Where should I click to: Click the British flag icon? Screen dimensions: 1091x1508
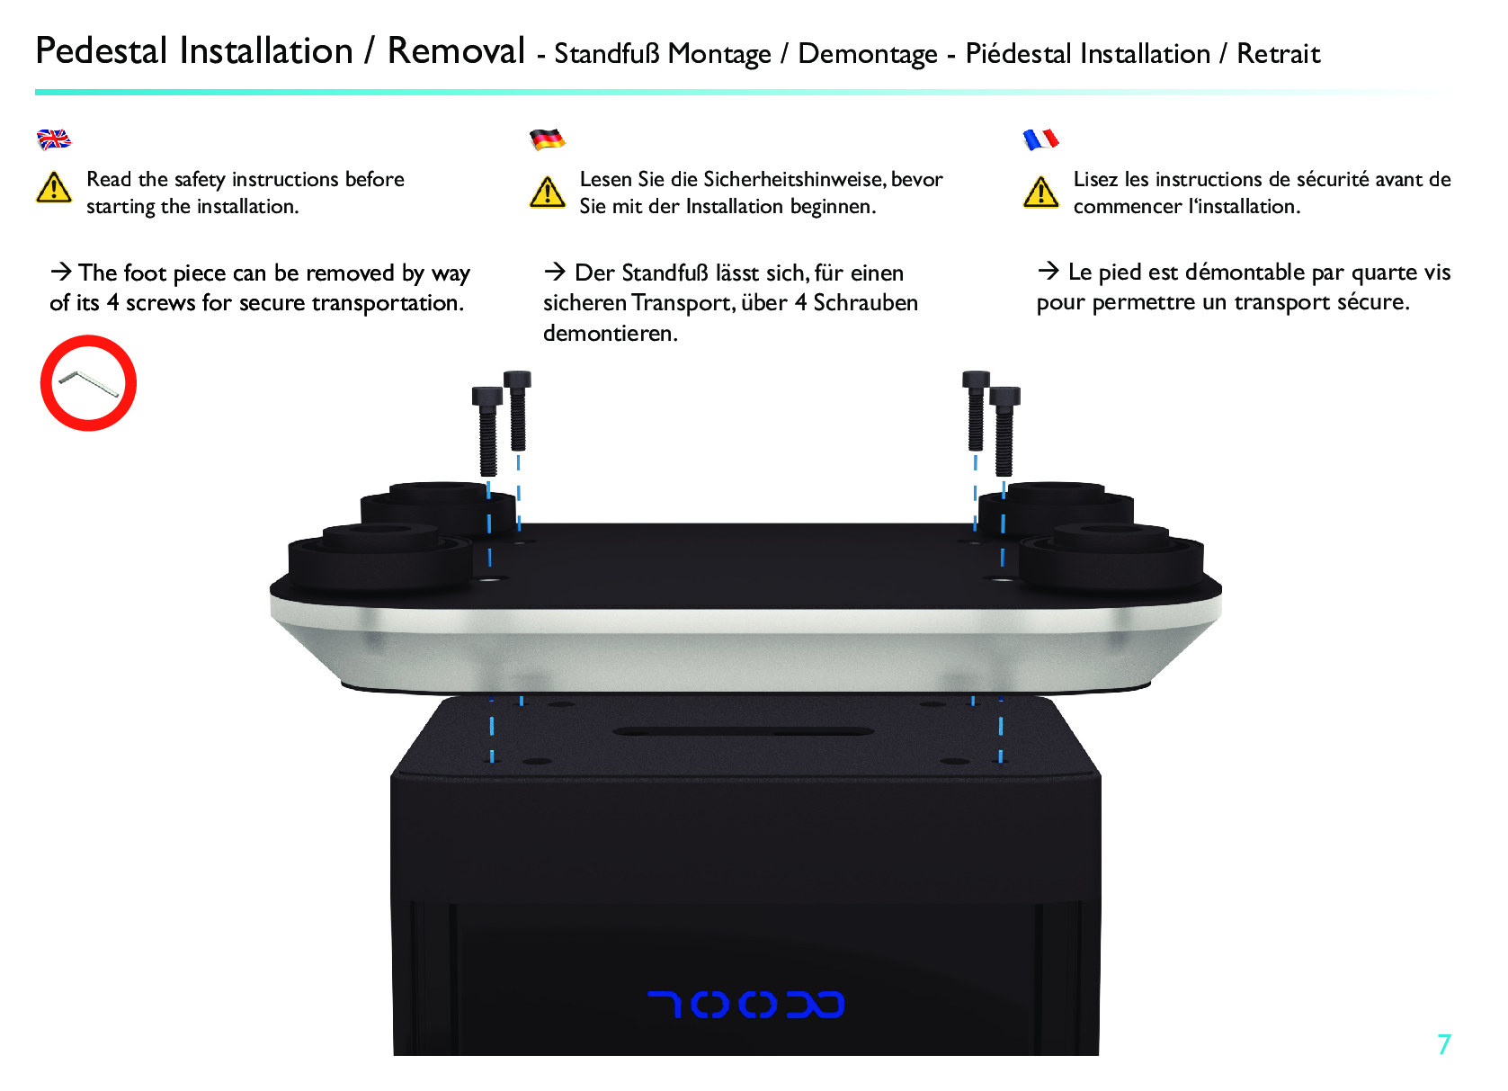pyautogui.click(x=54, y=139)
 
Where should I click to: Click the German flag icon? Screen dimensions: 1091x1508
pyautogui.click(x=547, y=139)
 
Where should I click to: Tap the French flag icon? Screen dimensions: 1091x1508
pyautogui.click(x=1040, y=139)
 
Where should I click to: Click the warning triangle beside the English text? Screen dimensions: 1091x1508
pyautogui.click(x=54, y=188)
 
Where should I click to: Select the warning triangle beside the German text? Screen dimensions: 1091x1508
pyautogui.click(x=547, y=192)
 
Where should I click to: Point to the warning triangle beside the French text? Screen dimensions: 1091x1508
pyautogui.click(x=1040, y=192)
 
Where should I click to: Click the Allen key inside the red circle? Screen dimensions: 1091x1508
pyautogui.click(x=88, y=384)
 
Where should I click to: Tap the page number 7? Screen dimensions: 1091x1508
pyautogui.click(x=1444, y=1044)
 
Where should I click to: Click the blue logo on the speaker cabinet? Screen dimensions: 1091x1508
pyautogui.click(x=745, y=1005)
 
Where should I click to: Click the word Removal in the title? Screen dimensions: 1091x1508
pyautogui.click(x=456, y=51)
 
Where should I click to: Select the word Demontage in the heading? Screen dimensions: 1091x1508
pyautogui.click(x=868, y=54)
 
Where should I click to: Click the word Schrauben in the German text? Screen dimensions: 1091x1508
pyautogui.click(x=865, y=303)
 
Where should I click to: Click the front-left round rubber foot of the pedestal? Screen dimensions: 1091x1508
pyautogui.click(x=380, y=558)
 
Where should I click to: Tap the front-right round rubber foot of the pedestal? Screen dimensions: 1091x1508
pyautogui.click(x=1111, y=558)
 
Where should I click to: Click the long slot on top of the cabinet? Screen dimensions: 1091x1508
pyautogui.click(x=744, y=732)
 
